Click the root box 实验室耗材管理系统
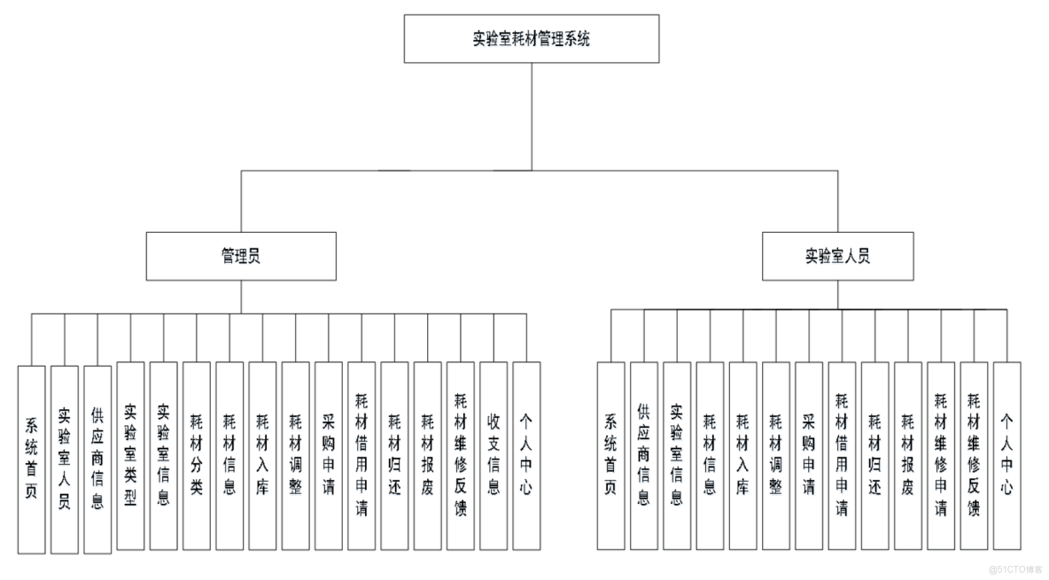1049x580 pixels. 532,39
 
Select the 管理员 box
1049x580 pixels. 241,256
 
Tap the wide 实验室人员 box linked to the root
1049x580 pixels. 837,256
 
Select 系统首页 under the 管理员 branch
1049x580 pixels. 31,459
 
